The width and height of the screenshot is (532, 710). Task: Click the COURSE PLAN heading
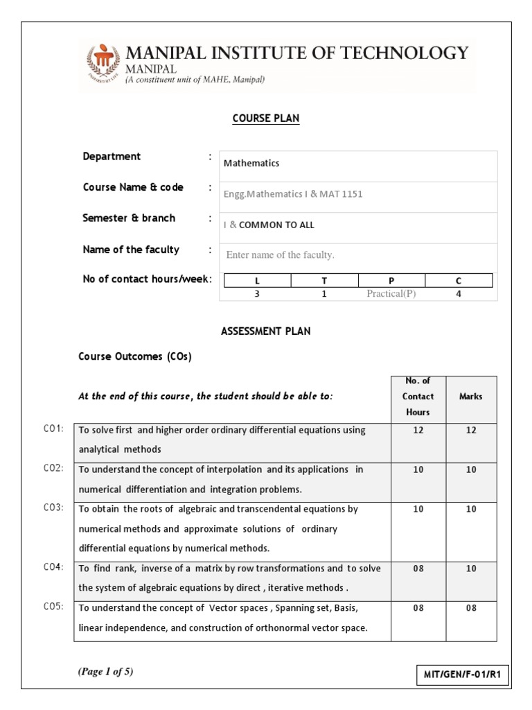266,119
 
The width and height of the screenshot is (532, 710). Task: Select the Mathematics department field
358,164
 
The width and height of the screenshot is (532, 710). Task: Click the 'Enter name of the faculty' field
358,255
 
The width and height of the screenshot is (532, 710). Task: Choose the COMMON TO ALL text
276,225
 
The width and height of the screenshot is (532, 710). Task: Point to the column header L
257,281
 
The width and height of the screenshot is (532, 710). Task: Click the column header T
324,281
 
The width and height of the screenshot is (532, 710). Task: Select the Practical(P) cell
391,294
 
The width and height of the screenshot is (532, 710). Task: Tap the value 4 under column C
459,294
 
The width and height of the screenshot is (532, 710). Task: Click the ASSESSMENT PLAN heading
266,331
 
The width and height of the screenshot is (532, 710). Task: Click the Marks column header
471,397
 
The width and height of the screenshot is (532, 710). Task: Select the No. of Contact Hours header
418,397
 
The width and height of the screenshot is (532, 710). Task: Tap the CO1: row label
53,429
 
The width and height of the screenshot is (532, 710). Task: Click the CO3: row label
53,508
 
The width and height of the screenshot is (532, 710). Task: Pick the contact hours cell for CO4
418,569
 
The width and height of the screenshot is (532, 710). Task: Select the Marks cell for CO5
471,608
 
